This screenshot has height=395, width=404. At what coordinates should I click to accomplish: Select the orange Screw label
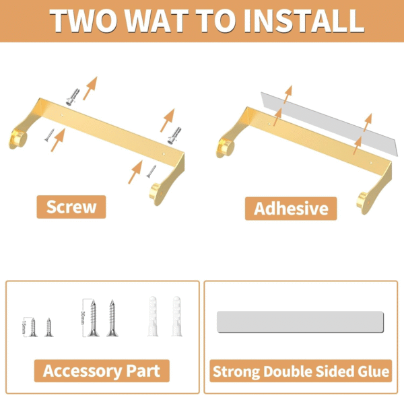point(71,207)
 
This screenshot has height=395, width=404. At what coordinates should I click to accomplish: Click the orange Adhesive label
point(291,209)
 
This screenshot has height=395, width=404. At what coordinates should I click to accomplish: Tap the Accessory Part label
point(102,371)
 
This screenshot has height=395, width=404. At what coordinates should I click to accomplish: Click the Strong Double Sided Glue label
point(301,371)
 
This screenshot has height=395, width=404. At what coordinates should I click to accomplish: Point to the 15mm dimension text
point(24,326)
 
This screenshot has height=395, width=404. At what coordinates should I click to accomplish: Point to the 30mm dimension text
point(83,318)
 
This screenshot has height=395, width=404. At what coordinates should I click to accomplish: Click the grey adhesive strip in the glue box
point(300,322)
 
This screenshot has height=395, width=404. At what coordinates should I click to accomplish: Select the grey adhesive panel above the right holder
point(328,124)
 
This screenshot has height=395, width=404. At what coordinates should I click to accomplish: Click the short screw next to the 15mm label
point(33,327)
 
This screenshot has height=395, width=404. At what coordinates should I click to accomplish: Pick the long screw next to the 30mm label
point(94,318)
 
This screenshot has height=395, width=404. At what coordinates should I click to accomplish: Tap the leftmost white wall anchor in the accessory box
point(152,316)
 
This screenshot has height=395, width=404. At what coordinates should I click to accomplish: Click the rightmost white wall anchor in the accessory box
point(176,316)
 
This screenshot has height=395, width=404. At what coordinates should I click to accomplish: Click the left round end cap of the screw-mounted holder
point(19,139)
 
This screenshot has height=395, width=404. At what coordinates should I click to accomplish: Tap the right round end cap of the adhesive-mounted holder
point(363,201)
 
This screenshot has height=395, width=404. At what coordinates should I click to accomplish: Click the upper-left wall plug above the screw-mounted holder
point(73,97)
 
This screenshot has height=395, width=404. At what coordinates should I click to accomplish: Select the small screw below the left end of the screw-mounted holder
point(49,135)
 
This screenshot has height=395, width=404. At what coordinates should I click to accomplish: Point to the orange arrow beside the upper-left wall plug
point(90,88)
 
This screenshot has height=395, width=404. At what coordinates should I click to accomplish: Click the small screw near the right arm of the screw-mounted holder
point(151,171)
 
